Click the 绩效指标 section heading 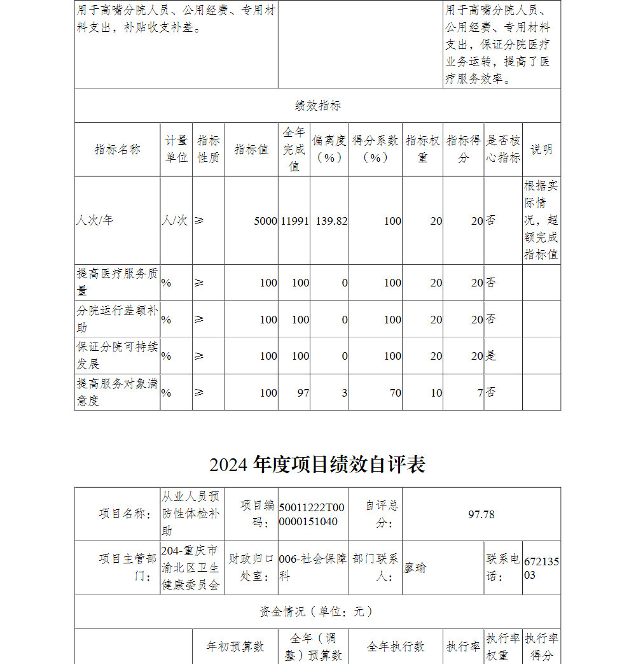coord(317,106)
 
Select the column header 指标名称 coord(118,150)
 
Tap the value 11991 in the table coord(294,221)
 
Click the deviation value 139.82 coord(331,221)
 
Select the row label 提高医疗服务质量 coord(117,282)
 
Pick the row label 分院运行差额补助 coord(117,319)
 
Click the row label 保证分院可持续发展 coord(117,356)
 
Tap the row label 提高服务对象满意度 coord(117,392)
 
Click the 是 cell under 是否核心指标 coord(492,356)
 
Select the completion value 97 coord(303,393)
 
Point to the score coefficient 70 coord(395,393)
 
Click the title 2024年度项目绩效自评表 coord(317,465)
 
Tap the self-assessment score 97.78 coord(481,514)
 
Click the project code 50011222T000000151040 coord(312,514)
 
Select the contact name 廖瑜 coord(415,568)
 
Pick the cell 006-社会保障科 coord(313,567)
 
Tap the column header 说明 coord(541,150)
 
